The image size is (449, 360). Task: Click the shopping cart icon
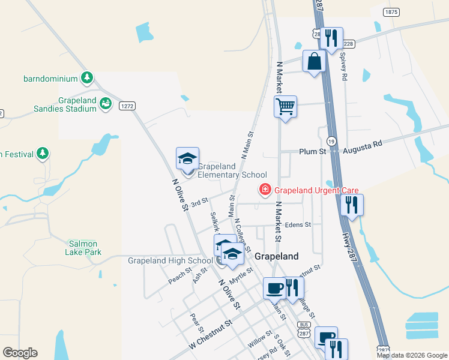coord(286,107)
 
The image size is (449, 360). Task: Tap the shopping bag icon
coord(314,61)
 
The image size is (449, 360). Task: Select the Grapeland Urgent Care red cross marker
coord(264,190)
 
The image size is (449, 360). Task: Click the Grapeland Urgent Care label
coord(308,191)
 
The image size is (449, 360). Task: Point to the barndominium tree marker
coord(88,77)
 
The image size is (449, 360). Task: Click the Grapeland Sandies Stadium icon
coord(106,104)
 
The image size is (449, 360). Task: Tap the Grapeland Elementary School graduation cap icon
coord(187,159)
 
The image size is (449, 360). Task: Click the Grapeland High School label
coord(170,260)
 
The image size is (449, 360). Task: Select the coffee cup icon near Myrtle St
coord(275,288)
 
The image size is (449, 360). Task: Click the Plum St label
coord(312,152)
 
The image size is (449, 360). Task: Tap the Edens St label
coord(298,225)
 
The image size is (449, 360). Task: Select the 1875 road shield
coord(391,12)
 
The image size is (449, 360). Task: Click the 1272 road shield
coord(127,106)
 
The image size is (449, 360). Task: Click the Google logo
coord(20,353)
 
